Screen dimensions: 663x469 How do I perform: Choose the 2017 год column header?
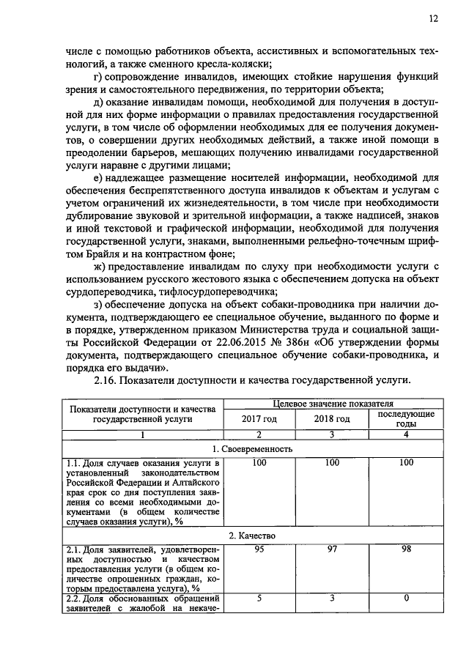point(259,418)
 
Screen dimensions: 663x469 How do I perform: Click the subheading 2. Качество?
point(252,536)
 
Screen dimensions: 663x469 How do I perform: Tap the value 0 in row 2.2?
point(405,599)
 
